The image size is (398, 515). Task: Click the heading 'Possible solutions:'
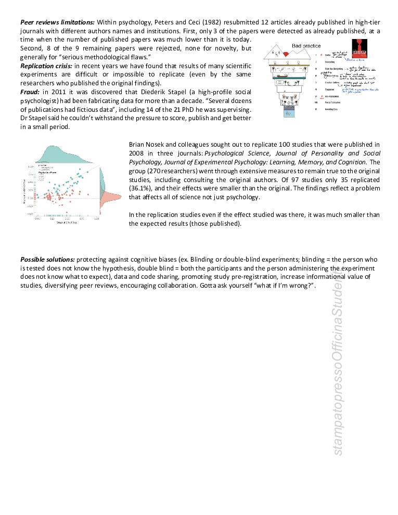coord(47,259)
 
